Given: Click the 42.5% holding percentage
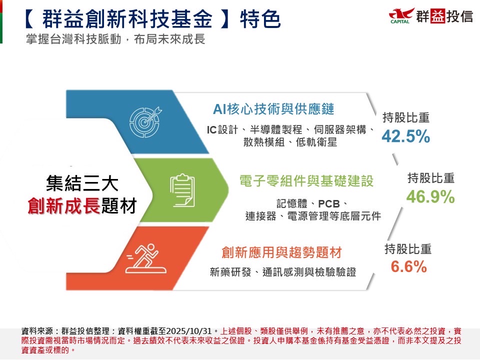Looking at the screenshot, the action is (405, 136).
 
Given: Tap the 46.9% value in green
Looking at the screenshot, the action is (430, 196).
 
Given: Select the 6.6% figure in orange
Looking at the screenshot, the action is (408, 266).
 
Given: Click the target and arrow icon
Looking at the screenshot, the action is (145, 122).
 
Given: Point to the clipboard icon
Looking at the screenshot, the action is (182, 190).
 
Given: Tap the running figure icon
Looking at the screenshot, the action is (146, 258).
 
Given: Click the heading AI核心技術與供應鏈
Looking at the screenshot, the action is (273, 109).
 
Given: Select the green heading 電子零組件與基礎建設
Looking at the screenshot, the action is (306, 181).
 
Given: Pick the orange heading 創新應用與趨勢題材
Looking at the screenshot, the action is (281, 252).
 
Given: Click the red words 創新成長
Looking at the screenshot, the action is (63, 205).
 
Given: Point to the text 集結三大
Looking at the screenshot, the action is (82, 183).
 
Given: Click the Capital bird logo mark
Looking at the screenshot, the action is (401, 15).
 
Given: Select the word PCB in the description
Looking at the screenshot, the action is (329, 203).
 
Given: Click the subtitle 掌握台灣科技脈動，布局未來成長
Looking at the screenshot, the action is (115, 39).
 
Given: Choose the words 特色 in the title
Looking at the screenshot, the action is (260, 19).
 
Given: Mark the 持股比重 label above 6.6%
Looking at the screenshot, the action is (408, 249).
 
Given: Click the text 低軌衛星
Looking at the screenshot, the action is (316, 142).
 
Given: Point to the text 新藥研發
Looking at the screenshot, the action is (230, 272).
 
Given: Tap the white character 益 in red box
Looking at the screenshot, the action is (437, 16).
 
